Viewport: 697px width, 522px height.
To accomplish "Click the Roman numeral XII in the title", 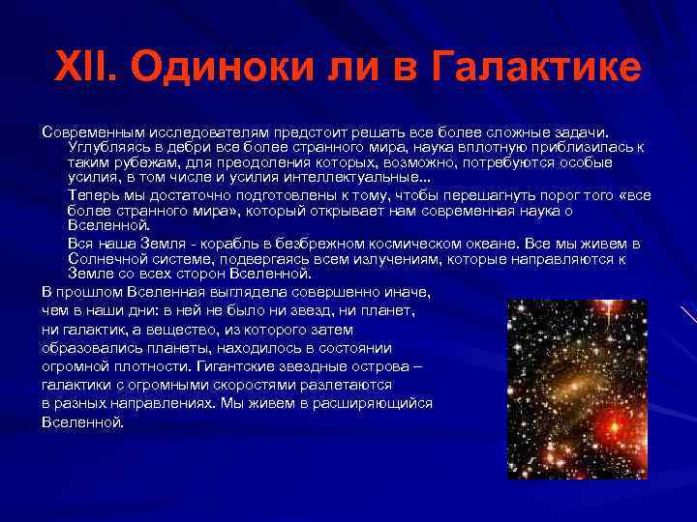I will coord(87,68).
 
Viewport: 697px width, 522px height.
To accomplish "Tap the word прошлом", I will coord(83,291).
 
